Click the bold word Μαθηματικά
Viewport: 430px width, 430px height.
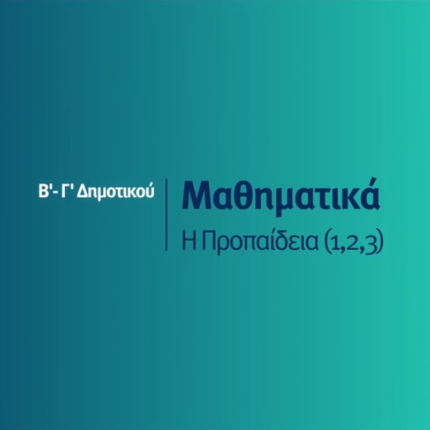(x=281, y=195)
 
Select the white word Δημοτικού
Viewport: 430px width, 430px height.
(x=115, y=192)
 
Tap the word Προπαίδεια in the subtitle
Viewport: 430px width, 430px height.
(x=260, y=243)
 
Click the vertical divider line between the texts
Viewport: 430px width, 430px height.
(x=166, y=214)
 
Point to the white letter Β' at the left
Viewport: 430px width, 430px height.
(x=44, y=191)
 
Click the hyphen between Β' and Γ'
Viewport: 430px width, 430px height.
(x=55, y=193)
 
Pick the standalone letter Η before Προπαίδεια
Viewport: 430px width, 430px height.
(x=189, y=242)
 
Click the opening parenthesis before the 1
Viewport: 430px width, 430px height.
(x=327, y=243)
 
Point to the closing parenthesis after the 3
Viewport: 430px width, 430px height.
(x=379, y=243)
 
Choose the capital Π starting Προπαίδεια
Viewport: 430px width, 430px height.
(x=208, y=242)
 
